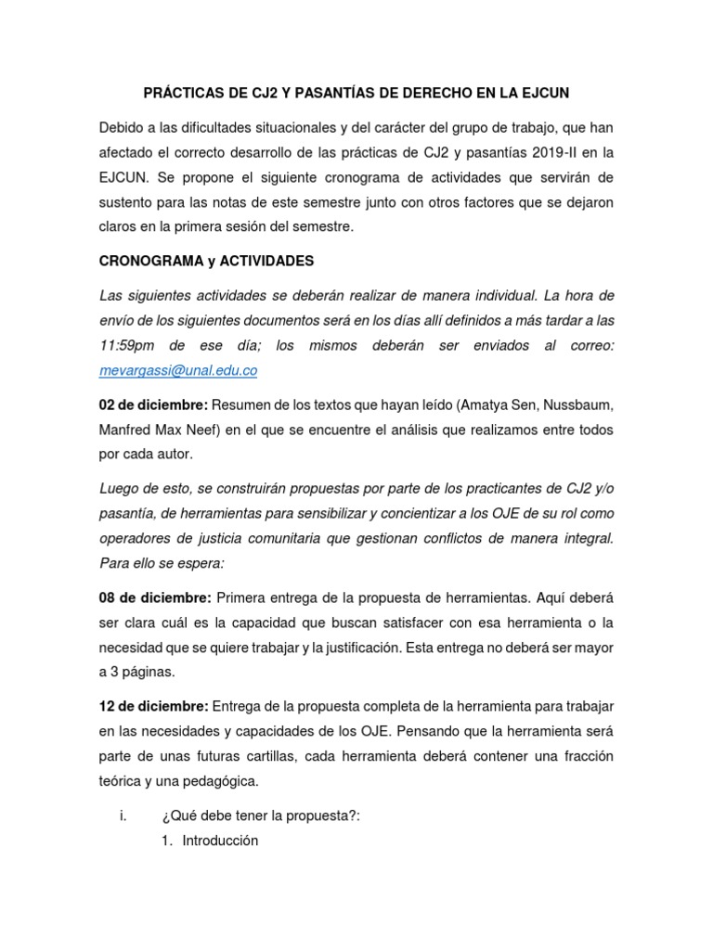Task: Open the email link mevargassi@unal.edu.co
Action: pos(178,370)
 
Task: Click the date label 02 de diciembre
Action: pos(154,404)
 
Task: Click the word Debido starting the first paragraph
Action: pos(123,127)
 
